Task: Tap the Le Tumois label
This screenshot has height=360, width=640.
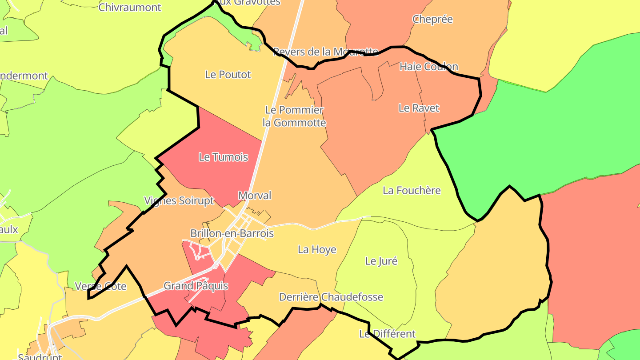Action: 223,157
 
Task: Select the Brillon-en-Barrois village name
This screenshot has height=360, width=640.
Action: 232,233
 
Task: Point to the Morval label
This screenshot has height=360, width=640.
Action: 255,196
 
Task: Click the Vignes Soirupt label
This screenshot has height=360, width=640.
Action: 179,200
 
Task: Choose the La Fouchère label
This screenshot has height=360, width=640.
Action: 412,191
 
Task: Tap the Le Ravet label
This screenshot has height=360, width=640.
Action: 419,108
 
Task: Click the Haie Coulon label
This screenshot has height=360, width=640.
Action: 428,67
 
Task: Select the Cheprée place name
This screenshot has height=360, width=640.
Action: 432,19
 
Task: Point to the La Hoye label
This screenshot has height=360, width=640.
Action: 317,250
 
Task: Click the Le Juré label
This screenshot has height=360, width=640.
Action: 381,261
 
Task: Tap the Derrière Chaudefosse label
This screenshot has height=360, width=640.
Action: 331,297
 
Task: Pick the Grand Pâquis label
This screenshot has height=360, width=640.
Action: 196,286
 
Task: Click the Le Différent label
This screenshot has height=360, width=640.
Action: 387,334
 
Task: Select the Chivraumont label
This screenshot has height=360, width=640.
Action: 130,7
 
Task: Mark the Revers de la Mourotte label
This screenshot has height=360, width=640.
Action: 325,52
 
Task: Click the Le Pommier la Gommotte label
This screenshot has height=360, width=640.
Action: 294,116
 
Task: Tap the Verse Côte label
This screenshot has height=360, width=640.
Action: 101,286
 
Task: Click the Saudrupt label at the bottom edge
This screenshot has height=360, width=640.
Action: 40,356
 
